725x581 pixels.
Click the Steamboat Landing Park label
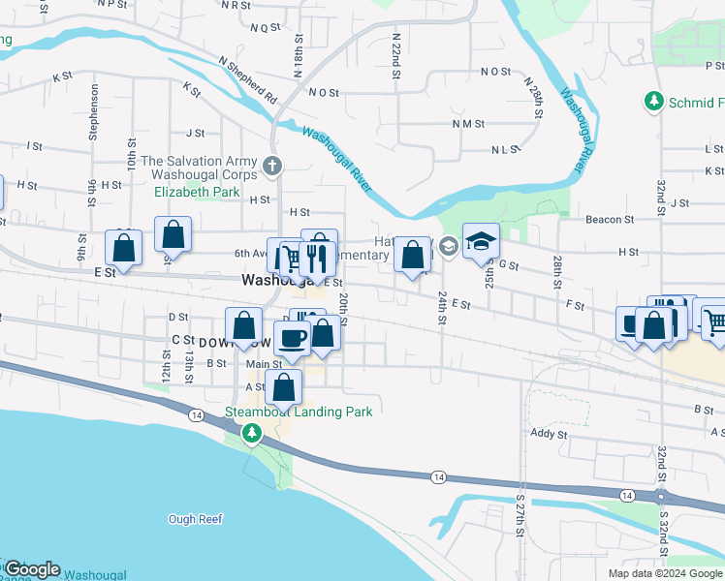[299, 412]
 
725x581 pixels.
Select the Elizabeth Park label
[197, 192]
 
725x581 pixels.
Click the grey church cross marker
[273, 166]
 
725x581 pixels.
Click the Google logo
[31, 569]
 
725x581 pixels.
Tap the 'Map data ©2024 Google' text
[666, 573]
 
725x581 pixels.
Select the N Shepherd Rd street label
[248, 80]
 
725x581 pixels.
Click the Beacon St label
[609, 220]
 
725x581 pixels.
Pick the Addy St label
[548, 435]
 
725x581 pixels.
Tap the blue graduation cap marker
[480, 243]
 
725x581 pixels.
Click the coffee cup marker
[292, 339]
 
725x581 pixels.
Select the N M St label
[467, 124]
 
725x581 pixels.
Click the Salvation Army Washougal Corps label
[200, 168]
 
